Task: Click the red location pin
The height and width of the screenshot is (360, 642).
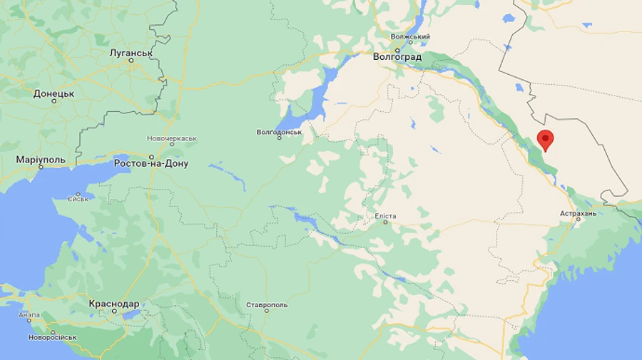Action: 546,140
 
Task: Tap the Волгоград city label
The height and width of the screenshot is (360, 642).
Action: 397,56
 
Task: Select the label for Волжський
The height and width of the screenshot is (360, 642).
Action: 410,36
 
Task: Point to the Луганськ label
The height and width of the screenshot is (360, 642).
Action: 131,53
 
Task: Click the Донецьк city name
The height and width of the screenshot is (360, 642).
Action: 53,93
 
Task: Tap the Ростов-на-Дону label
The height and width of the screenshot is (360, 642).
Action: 151,163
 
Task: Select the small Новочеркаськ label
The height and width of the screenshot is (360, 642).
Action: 171,138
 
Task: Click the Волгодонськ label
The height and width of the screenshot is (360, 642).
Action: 280,132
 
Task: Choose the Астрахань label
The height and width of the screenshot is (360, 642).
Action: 578,213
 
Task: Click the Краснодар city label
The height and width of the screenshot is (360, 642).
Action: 114,303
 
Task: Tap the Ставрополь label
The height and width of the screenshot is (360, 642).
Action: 267,305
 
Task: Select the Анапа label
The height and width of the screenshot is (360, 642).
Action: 30,314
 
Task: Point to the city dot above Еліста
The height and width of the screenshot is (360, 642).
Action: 385,222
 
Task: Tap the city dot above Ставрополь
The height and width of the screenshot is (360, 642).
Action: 267,312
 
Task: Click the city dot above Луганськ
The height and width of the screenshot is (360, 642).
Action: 131,61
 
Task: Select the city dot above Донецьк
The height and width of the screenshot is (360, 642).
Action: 53,101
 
